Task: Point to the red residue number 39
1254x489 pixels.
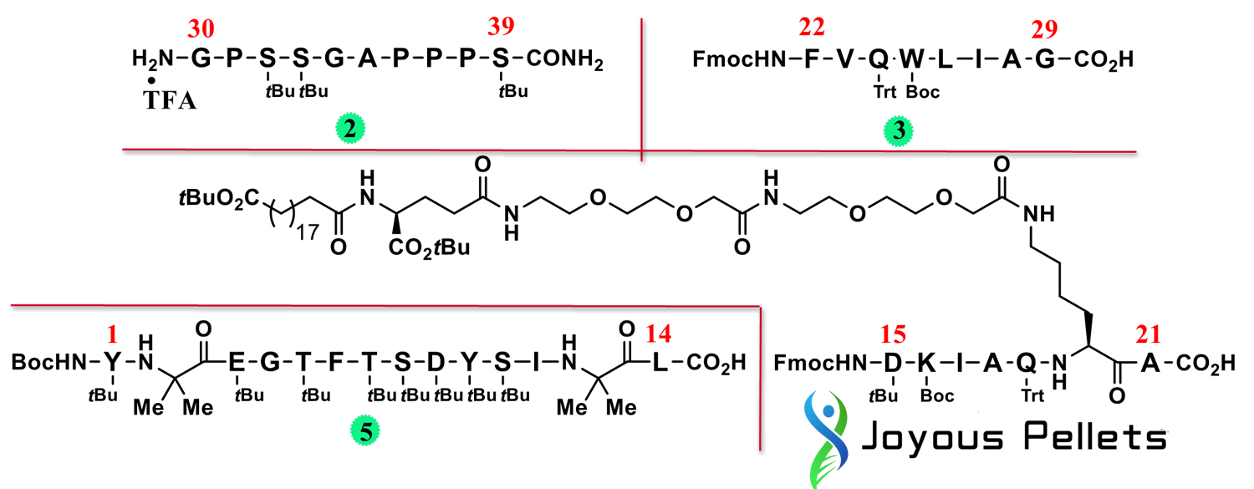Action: [502, 30]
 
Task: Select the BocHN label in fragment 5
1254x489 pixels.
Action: [48, 363]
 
